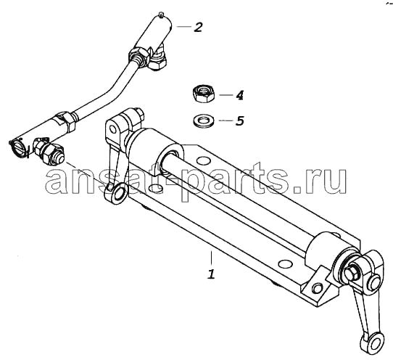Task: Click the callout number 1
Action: pyautogui.click(x=211, y=274)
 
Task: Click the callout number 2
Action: pyautogui.click(x=198, y=27)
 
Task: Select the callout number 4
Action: pyautogui.click(x=239, y=95)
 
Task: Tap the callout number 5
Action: pyautogui.click(x=240, y=120)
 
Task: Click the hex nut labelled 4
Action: pyautogui.click(x=204, y=94)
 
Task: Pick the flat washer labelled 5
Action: pyautogui.click(x=203, y=120)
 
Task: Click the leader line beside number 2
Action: pyautogui.click(x=183, y=27)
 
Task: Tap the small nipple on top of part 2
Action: pyautogui.click(x=161, y=15)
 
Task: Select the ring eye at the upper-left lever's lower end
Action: pyautogui.click(x=117, y=193)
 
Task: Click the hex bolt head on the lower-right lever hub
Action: pyautogui.click(x=352, y=272)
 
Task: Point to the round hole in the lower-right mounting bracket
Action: pyautogui.click(x=317, y=287)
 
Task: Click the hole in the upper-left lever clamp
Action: pyautogui.click(x=113, y=130)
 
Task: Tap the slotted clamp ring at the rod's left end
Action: pyautogui.click(x=17, y=148)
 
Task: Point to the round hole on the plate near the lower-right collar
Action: pyautogui.click(x=286, y=263)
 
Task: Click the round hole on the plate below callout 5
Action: pyautogui.click(x=203, y=160)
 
